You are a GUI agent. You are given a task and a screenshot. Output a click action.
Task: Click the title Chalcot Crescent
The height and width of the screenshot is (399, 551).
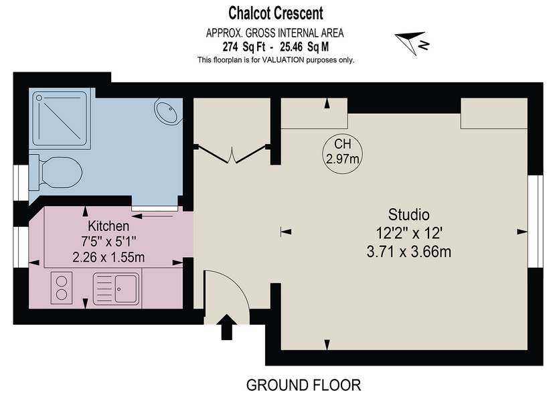point(276,13)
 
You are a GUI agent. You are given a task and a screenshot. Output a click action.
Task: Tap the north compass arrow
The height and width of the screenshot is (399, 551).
point(412,42)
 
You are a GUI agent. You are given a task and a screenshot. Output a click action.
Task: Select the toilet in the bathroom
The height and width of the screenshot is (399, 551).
point(56,173)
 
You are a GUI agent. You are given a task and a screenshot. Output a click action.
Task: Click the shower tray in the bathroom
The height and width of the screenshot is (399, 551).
point(60,118)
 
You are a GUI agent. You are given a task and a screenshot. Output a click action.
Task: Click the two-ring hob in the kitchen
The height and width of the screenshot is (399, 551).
point(62,288)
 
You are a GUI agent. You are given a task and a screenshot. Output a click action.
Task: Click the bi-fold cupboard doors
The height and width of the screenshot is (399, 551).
point(232,154)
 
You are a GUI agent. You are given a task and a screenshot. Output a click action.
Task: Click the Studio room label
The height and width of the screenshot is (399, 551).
point(408,215)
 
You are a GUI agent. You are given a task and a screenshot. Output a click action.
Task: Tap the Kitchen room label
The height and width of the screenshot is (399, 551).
point(108,226)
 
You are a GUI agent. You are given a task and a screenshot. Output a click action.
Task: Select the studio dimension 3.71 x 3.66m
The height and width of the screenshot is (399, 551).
point(408,252)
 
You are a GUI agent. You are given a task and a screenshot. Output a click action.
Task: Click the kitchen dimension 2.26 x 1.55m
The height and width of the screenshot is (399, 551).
point(108,258)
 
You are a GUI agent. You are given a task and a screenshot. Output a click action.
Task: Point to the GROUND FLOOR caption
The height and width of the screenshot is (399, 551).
point(303,386)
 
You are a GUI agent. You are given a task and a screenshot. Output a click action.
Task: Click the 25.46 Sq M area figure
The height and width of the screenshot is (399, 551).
point(305,47)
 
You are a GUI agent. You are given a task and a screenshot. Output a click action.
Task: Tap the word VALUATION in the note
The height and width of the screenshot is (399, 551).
point(283,60)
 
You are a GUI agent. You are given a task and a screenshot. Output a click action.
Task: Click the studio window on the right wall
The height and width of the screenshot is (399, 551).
point(536,222)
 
